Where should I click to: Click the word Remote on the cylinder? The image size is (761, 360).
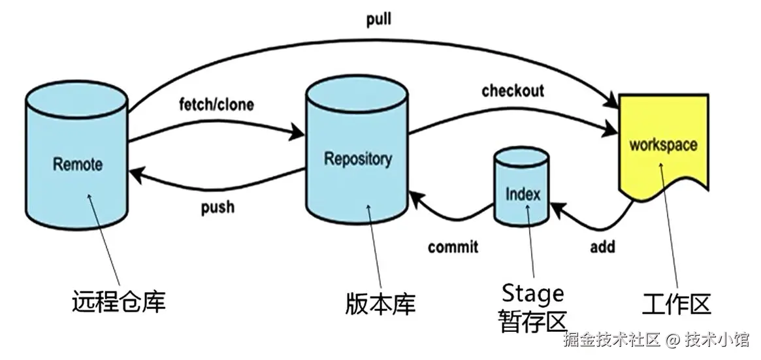pyautogui.click(x=78, y=163)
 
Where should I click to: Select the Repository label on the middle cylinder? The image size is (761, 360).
pyautogui.click(x=358, y=157)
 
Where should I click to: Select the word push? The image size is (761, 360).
pyautogui.click(x=218, y=208)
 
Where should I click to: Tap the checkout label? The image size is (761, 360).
pyautogui.click(x=513, y=90)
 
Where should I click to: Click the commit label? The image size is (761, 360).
pyautogui.click(x=453, y=247)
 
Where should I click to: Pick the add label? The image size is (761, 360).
pyautogui.click(x=602, y=247)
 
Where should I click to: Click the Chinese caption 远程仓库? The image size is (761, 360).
pyautogui.click(x=118, y=302)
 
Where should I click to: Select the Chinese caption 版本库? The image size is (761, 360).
pyautogui.click(x=380, y=303)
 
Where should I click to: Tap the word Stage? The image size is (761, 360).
pyautogui.click(x=532, y=293)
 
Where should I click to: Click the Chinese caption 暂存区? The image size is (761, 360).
pyautogui.click(x=532, y=321)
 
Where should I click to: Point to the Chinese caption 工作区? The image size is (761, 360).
pyautogui.click(x=676, y=304)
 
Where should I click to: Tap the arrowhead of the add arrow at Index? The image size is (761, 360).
pyautogui.click(x=556, y=208)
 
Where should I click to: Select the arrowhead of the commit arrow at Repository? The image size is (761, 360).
pyautogui.click(x=413, y=195)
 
